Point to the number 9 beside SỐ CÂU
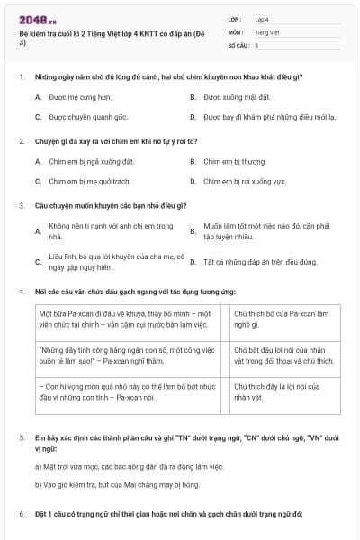click(256, 44)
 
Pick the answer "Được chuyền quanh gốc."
click(94, 117)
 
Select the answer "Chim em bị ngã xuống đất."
click(96, 162)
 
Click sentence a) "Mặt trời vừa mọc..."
click(112, 466)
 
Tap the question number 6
click(21, 514)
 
